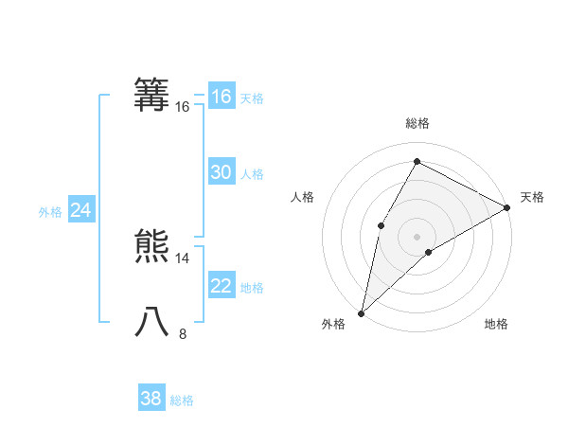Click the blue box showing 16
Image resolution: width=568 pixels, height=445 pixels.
pyautogui.click(x=221, y=97)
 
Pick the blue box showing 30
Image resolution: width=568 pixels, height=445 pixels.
pyautogui.click(x=221, y=172)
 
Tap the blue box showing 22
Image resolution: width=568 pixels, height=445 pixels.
pyautogui.click(x=221, y=286)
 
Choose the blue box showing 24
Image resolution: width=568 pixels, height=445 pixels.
pyautogui.click(x=80, y=210)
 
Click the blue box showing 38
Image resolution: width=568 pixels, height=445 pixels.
pyautogui.click(x=151, y=399)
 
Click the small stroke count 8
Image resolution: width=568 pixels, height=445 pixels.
pyautogui.click(x=183, y=333)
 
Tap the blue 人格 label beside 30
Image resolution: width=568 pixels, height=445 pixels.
pyautogui.click(x=252, y=174)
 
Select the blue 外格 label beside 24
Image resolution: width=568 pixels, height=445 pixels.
pyautogui.click(x=50, y=212)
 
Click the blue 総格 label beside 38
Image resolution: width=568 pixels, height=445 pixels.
pyautogui.click(x=182, y=400)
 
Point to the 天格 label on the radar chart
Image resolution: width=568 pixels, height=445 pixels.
pyautogui.click(x=532, y=197)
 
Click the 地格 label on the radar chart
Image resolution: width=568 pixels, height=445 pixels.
pyautogui.click(x=496, y=325)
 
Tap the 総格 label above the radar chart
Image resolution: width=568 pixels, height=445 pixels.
pyautogui.click(x=417, y=123)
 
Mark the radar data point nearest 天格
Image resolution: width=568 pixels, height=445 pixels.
pyautogui.click(x=507, y=207)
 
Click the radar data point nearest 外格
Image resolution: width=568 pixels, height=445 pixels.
pyautogui.click(x=361, y=312)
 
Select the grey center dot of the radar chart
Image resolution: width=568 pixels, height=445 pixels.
pyautogui.click(x=417, y=237)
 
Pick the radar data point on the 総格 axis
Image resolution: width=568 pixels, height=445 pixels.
pyautogui.click(x=417, y=161)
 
